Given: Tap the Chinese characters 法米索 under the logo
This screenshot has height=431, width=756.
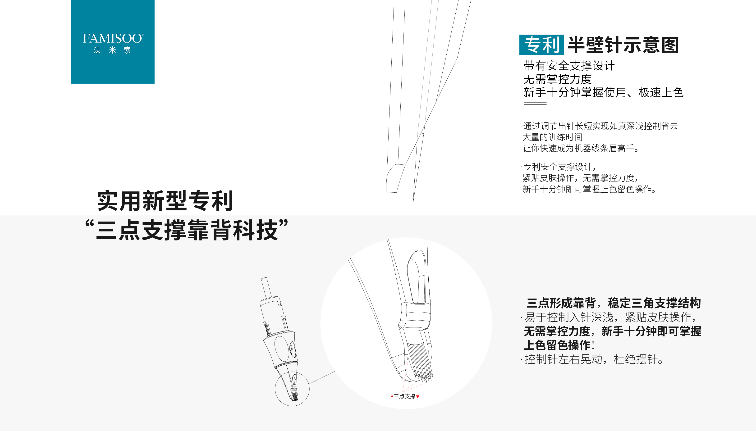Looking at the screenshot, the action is [112, 50].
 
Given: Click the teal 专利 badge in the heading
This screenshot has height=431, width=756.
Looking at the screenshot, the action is [541, 45].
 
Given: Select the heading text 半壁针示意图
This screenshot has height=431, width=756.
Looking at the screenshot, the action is [623, 45].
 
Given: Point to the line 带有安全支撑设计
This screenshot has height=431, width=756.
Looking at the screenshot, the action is [569, 65].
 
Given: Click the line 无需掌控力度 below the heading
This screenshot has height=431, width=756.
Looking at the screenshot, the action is [557, 79].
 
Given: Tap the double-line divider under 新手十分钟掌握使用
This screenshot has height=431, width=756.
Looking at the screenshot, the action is [535, 104].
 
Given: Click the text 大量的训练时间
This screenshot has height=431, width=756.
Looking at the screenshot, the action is [553, 137].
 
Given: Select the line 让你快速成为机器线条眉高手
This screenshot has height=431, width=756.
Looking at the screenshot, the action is [581, 148].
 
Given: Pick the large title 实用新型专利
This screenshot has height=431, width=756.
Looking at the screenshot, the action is [165, 201].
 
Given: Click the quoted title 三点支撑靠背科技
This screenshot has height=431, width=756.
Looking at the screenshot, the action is [187, 230].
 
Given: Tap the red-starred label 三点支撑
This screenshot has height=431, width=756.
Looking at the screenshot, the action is [404, 396].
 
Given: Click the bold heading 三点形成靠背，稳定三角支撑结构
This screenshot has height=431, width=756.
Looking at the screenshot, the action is [614, 303].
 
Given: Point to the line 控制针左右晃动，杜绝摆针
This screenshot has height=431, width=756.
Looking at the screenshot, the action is [593, 359].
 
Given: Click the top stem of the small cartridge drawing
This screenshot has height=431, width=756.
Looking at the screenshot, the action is [265, 287].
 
